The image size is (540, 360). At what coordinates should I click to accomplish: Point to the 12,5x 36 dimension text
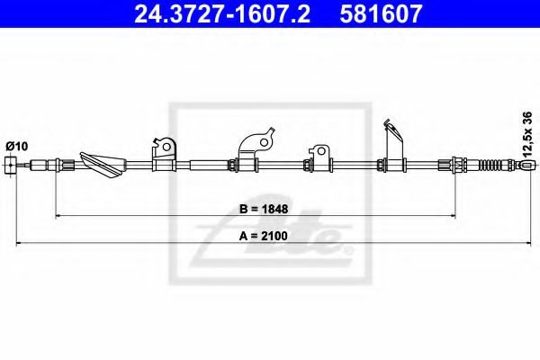pos(527,133)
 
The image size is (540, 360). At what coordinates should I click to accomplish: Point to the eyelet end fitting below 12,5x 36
pos(527,165)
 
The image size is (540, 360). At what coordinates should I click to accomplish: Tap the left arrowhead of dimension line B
pos(60,216)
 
